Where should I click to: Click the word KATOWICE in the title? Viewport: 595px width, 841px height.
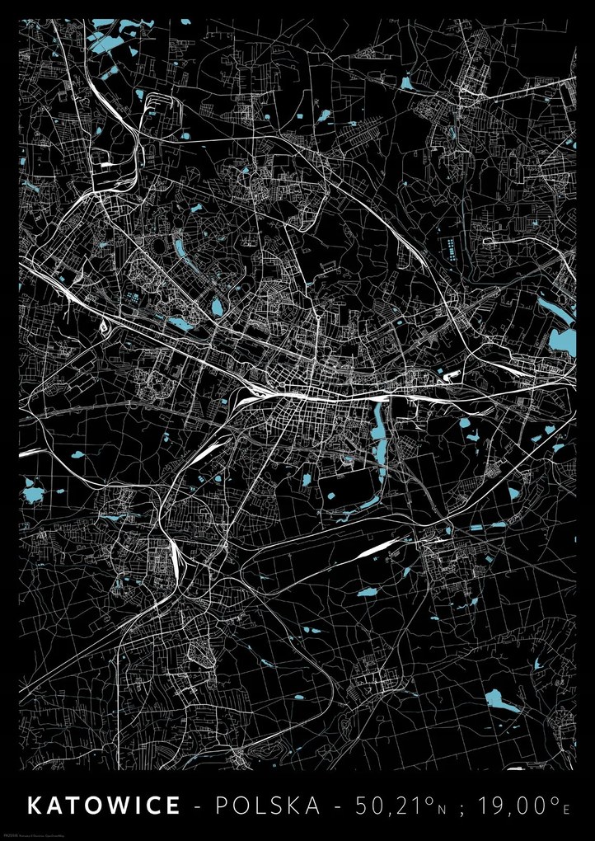(x=104, y=806)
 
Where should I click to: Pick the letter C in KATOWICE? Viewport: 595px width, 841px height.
(x=152, y=806)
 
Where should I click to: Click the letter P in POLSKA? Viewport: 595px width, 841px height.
(x=223, y=806)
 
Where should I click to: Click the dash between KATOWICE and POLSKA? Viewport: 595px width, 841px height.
(x=198, y=806)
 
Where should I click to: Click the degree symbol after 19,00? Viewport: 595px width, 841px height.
(x=554, y=799)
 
